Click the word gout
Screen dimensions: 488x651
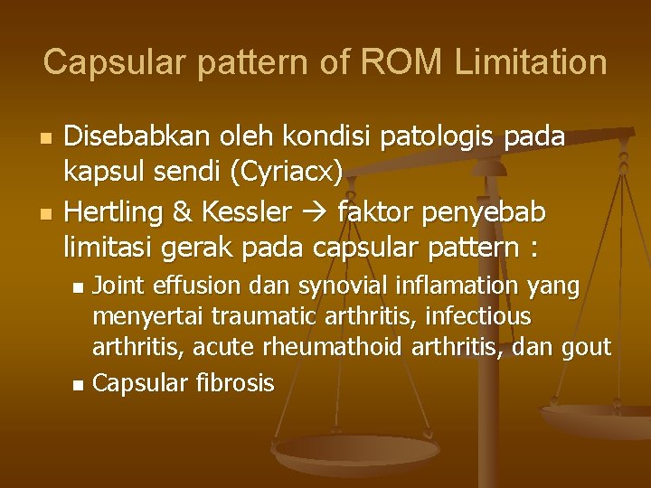(x=590, y=348)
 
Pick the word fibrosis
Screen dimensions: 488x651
(x=233, y=383)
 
